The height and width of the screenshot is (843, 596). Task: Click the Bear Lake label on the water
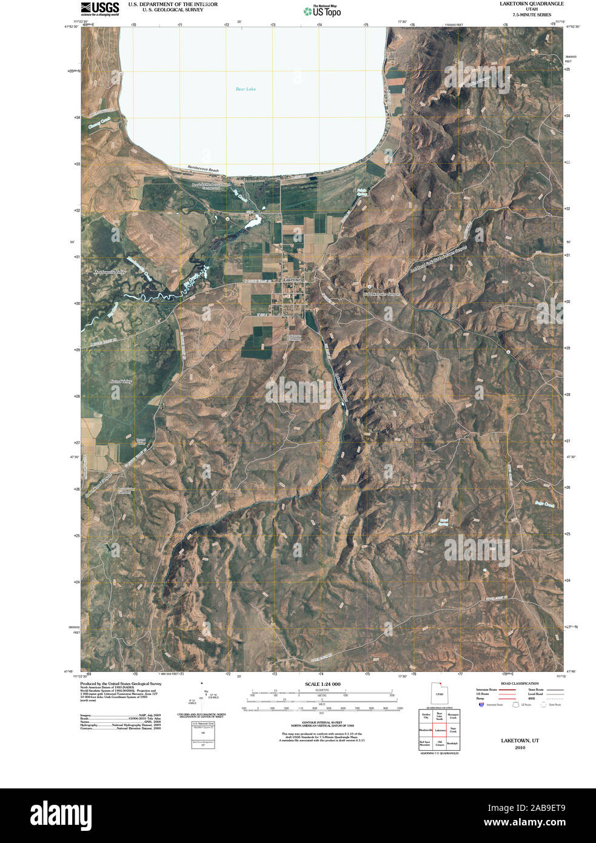click(246, 89)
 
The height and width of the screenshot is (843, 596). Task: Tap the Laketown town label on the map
click(293, 279)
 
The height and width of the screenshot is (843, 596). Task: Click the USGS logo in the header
click(99, 8)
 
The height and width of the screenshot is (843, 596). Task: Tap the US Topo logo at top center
click(323, 10)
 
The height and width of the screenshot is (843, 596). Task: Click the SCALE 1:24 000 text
click(323, 684)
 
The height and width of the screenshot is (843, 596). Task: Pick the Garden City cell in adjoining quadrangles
click(426, 716)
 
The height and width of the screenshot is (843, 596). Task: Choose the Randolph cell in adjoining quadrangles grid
click(452, 743)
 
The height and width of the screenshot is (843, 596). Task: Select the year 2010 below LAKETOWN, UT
click(520, 748)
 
